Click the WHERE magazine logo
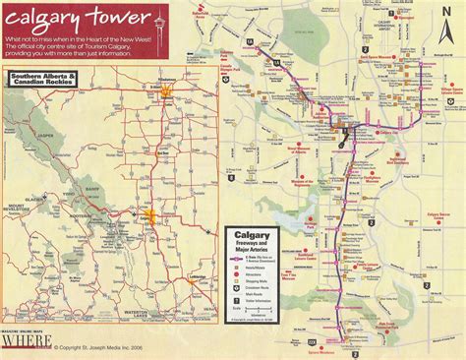pos(26,345)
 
